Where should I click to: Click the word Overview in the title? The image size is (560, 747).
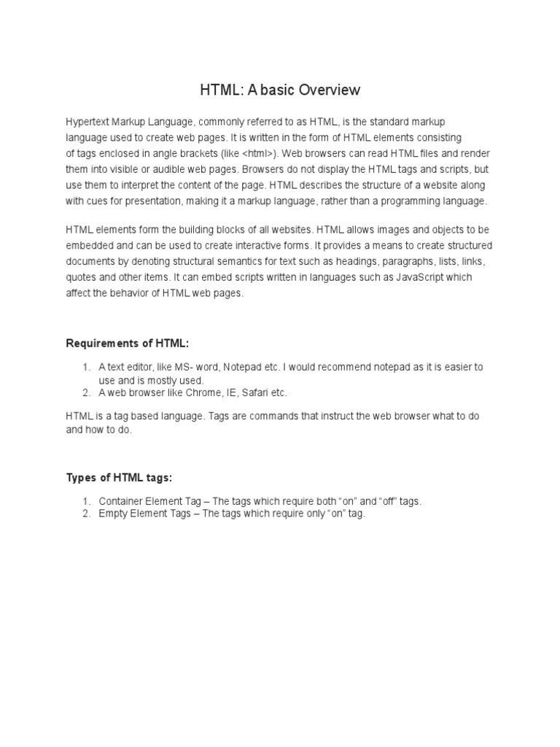tap(325, 90)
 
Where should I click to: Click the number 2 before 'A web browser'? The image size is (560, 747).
tap(85, 392)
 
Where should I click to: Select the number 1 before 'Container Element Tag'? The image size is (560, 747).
tap(85, 501)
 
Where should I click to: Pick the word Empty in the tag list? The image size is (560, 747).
tap(113, 514)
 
